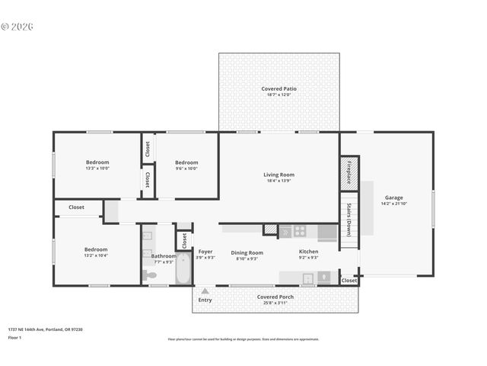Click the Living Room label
[x=279, y=175]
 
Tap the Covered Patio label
[x=279, y=88]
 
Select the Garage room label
[x=393, y=197]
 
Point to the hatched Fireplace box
[x=349, y=172]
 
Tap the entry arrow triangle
[x=205, y=291]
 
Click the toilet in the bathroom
[x=149, y=274]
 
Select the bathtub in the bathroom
[x=183, y=268]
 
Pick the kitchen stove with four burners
[x=301, y=230]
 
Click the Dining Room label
[x=247, y=252]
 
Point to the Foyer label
[x=205, y=252]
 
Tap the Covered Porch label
[x=275, y=297]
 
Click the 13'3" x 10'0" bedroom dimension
[x=97, y=169]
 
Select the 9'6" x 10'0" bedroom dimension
[x=186, y=169]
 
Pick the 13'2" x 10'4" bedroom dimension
[x=96, y=256]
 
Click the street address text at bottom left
[x=46, y=329]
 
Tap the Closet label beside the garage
[x=349, y=281]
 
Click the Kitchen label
[x=308, y=252]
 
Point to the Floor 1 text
[x=14, y=337]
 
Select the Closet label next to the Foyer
[x=184, y=240]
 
